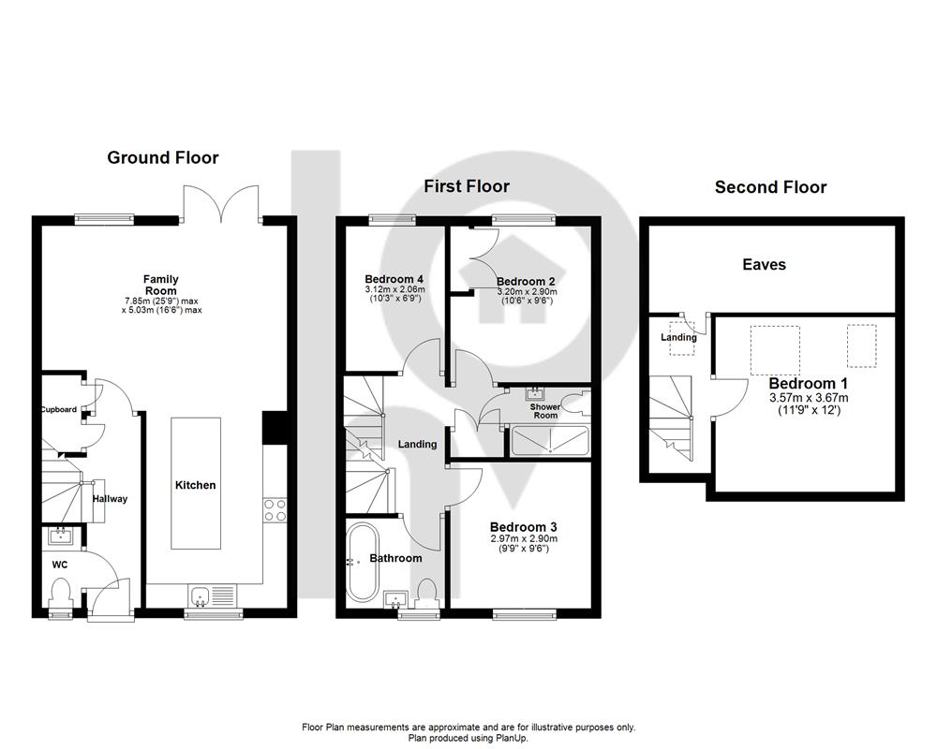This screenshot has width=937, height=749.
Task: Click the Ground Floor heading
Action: tap(162, 157)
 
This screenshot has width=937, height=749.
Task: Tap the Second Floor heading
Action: tap(770, 187)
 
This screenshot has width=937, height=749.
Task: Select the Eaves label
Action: tap(764, 265)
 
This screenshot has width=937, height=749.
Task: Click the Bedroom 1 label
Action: tap(808, 384)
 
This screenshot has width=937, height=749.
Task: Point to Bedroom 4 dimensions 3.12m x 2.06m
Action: tap(395, 289)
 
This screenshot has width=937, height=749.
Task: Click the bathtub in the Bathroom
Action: tap(362, 563)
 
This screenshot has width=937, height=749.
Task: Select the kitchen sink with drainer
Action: tap(213, 595)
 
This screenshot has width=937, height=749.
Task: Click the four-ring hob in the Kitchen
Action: tap(275, 509)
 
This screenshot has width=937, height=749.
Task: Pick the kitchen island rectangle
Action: tap(196, 483)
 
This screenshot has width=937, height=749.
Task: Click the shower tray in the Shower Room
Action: tap(550, 441)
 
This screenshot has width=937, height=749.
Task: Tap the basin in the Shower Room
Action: tap(534, 393)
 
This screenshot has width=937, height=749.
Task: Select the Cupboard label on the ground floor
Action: tap(58, 409)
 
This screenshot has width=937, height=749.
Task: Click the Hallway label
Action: tap(110, 499)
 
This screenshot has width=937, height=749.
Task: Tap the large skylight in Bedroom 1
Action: tap(775, 350)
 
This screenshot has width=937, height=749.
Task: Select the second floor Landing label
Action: tap(678, 337)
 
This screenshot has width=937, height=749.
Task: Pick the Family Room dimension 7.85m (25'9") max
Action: tap(161, 301)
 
